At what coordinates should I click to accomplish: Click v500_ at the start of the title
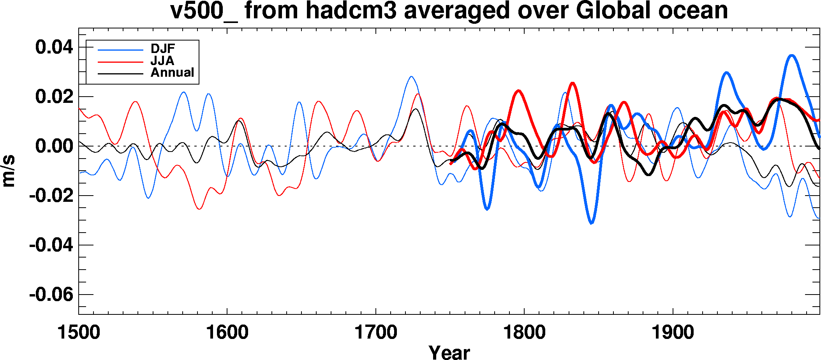pos(204,11)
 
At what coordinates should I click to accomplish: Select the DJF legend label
pos(163,49)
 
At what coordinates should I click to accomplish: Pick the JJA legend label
pos(162,61)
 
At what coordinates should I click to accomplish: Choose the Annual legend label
pos(172,72)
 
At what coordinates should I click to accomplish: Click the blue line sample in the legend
pos(120,50)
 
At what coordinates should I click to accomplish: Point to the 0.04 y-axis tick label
pos(54,48)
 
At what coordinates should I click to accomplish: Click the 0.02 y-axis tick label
pos(54,97)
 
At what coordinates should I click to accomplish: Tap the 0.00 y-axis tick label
pos(54,146)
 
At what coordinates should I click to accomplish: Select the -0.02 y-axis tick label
pos(51,196)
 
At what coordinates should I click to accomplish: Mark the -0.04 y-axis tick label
pos(51,245)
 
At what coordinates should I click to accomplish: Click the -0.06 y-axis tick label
pos(51,295)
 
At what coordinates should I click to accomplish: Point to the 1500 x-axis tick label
pos(79,333)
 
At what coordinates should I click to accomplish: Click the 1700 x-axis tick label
pos(375,333)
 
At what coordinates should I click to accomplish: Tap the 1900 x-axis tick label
pos(673,333)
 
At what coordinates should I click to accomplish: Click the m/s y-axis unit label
pos(9,171)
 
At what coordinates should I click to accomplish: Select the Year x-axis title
pos(449,352)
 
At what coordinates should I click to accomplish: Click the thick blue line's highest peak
pos(792,55)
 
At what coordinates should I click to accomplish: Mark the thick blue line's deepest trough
pos(591,223)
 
